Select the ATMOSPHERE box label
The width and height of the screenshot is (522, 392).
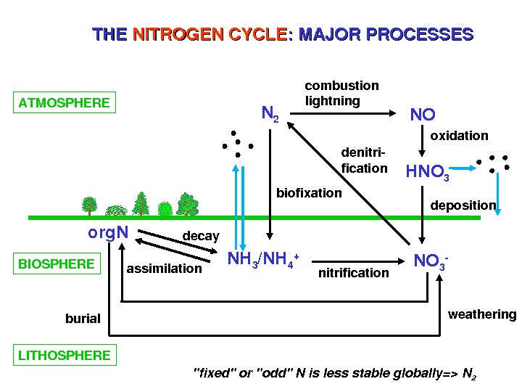click(65, 102)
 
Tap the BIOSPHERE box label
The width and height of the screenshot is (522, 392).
click(57, 264)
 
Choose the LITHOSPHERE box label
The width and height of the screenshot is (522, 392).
click(65, 355)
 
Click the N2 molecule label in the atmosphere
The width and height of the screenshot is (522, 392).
click(270, 113)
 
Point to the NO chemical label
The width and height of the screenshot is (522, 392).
click(423, 115)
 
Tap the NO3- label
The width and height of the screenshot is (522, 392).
click(431, 261)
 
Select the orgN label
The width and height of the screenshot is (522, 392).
click(108, 232)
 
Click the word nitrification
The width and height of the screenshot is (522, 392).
click(353, 273)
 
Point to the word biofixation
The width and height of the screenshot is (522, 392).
click(309, 193)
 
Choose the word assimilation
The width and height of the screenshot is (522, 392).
click(165, 269)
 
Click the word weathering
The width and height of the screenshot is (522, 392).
click(482, 314)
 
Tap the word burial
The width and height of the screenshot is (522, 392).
click(83, 318)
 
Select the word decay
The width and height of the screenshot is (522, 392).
click(201, 237)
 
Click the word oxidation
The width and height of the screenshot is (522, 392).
click(460, 136)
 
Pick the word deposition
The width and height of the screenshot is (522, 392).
click(463, 205)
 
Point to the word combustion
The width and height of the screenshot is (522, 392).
click(341, 86)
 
